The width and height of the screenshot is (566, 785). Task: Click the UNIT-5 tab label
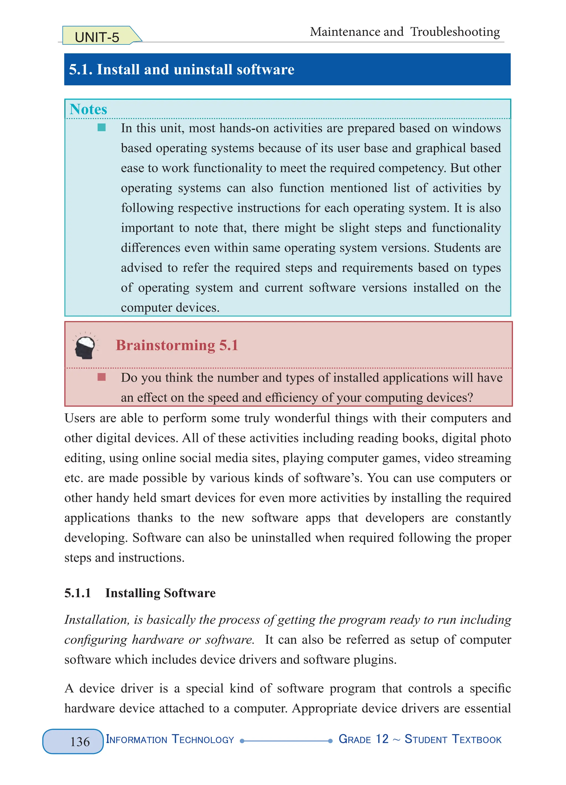[x=97, y=37]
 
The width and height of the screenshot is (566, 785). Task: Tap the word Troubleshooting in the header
[x=455, y=32]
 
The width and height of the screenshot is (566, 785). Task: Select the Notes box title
[x=88, y=109]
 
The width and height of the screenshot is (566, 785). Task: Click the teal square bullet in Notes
[x=101, y=128]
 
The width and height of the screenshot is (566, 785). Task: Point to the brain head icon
[x=85, y=345]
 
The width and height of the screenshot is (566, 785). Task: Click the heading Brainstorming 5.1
[x=177, y=345]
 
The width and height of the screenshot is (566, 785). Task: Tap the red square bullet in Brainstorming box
[x=101, y=377]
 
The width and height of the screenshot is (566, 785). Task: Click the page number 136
[x=80, y=742]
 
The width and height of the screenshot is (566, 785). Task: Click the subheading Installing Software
[x=160, y=593]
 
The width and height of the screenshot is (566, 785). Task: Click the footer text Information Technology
[x=170, y=739]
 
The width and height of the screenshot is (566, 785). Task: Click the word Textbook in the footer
[x=476, y=739]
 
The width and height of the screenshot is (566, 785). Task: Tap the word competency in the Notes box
[x=411, y=168]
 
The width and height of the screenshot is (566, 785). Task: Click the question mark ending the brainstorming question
[x=470, y=398]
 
